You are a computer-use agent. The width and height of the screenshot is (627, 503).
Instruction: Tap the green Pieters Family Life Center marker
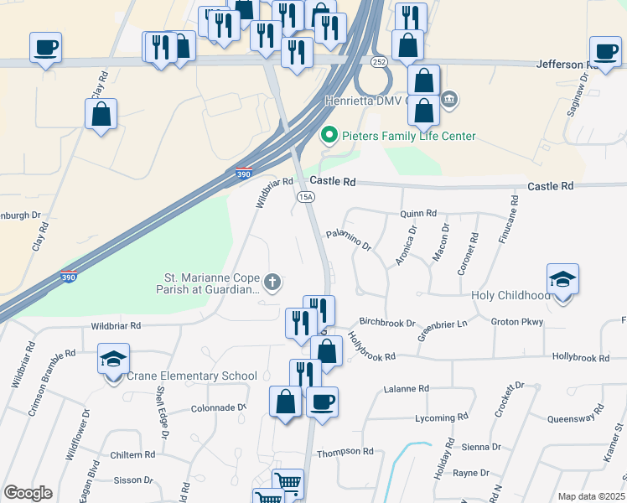point(329,135)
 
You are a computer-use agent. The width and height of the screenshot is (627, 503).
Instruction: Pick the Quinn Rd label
point(419,214)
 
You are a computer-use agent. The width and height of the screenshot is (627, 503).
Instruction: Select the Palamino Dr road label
point(349,240)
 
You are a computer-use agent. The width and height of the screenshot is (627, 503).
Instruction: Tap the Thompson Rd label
point(345,451)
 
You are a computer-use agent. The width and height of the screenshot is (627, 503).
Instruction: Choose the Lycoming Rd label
point(441,417)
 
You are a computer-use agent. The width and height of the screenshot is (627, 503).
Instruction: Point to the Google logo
point(28,493)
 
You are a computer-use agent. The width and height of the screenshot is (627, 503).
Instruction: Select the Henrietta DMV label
point(365,101)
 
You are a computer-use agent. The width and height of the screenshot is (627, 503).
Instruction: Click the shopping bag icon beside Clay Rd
point(101,114)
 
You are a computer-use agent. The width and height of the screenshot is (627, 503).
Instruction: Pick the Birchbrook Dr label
point(387,322)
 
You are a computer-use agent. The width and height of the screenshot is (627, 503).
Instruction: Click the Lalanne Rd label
point(406,389)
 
